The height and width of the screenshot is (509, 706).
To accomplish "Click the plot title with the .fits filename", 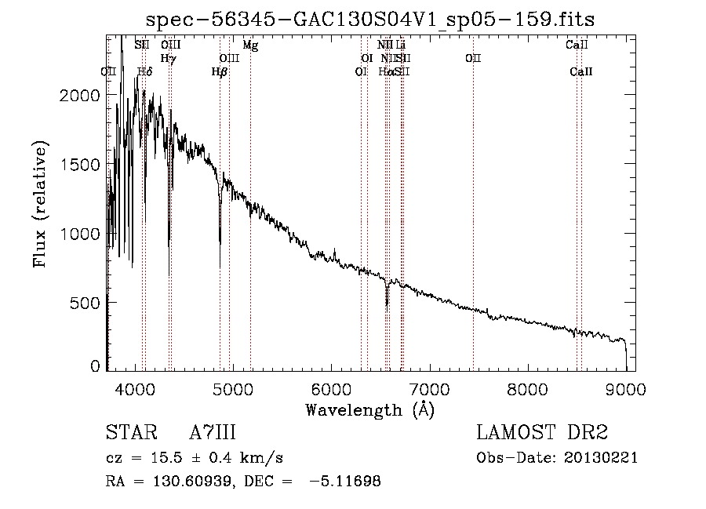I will click(x=370, y=20).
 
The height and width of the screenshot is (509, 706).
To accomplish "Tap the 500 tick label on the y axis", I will click(x=85, y=303).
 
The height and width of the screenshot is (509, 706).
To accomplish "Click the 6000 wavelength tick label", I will click(x=331, y=387).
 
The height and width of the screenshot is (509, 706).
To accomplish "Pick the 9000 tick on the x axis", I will click(x=625, y=387).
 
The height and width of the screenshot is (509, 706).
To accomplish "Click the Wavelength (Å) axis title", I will click(x=369, y=409).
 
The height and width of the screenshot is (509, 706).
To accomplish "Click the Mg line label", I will click(x=250, y=45).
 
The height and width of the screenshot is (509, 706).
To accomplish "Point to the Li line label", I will click(x=400, y=45).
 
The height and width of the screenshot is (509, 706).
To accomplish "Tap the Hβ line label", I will click(x=220, y=71).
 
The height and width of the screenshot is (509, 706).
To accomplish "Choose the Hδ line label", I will click(x=144, y=71).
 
